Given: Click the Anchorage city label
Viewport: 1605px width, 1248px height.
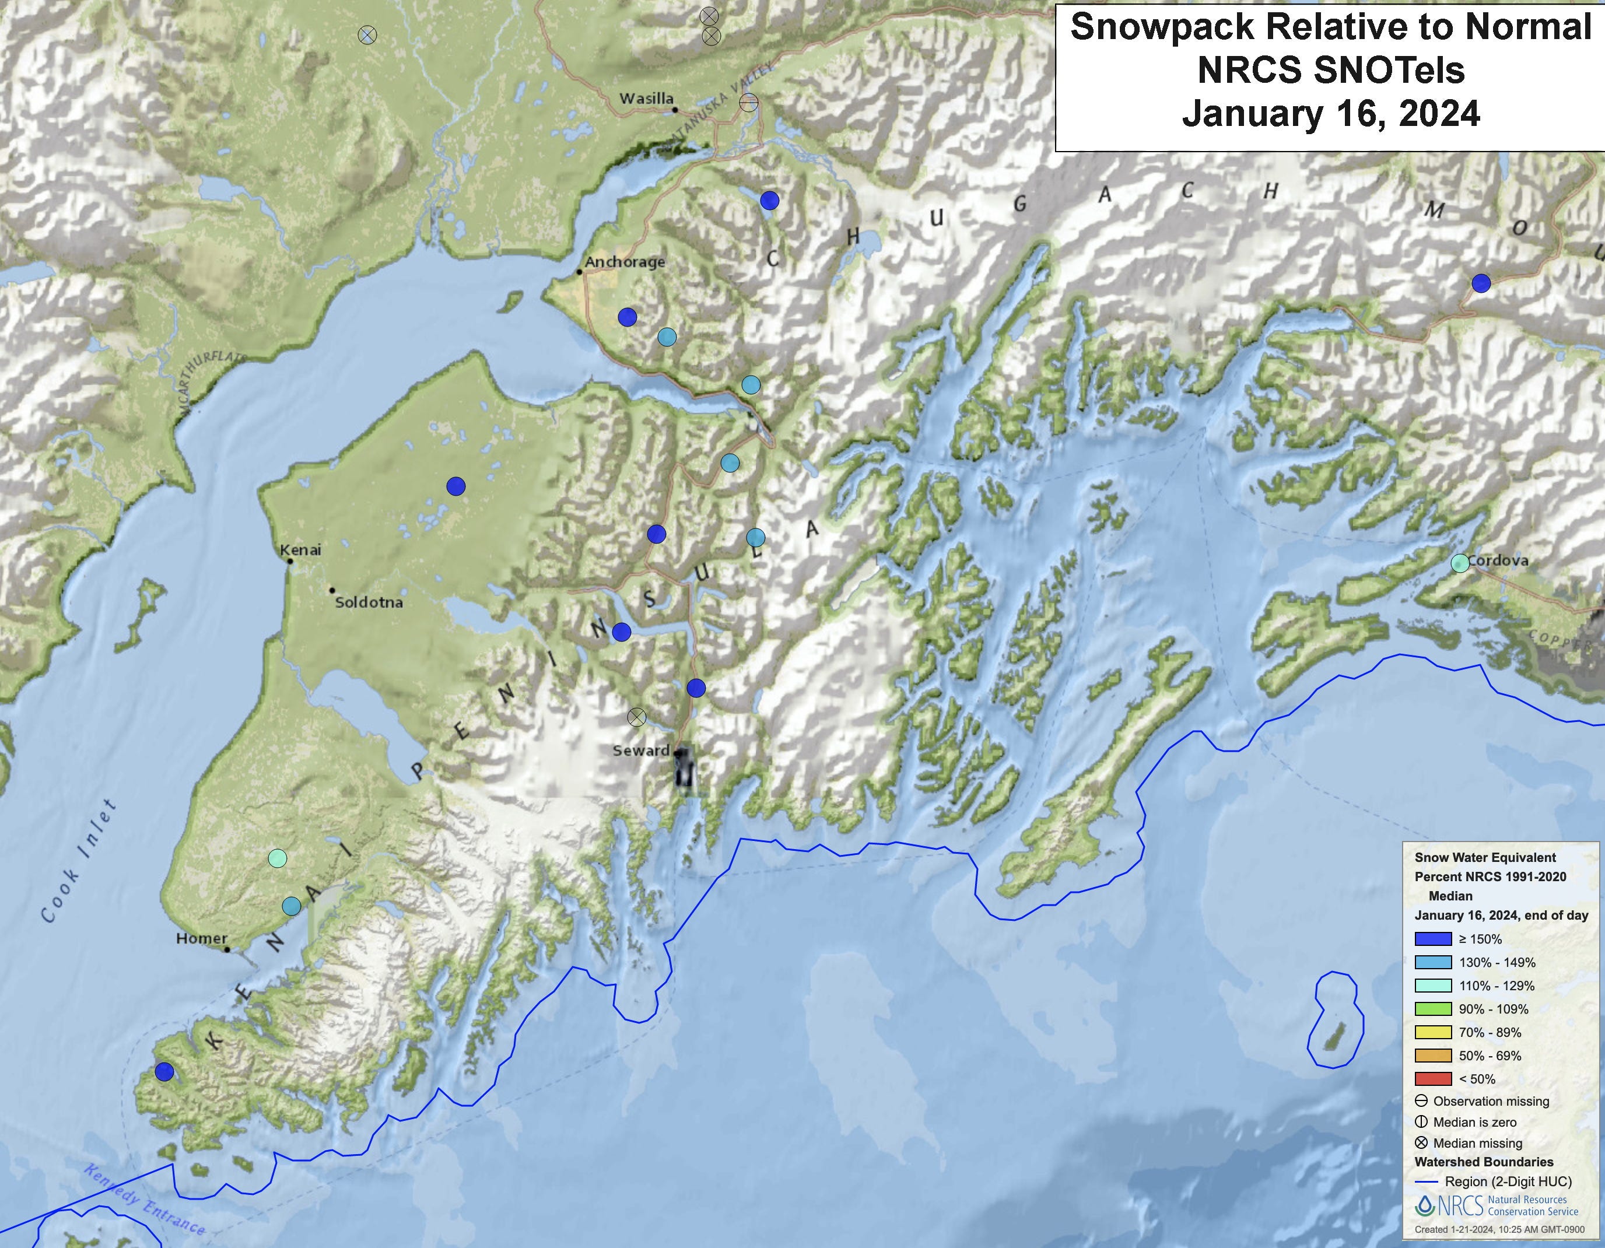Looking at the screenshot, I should pos(625,262).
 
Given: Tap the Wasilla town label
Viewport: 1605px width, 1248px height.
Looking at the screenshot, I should pos(646,99).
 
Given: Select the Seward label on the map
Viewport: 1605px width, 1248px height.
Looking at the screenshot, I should pos(641,751).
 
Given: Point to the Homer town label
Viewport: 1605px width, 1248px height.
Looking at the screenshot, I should pos(201,938).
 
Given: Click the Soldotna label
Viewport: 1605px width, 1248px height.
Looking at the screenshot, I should pos(369,602).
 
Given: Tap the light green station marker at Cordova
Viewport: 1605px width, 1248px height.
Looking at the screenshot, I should pos(1460,563).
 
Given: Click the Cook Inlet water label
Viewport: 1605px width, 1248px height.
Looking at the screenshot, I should pos(79,861).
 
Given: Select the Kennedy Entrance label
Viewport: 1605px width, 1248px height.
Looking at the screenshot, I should pos(143,1200).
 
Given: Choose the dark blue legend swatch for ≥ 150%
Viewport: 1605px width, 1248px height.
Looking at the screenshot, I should pos(1432,938).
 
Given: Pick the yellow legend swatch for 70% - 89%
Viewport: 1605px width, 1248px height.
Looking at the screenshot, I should pos(1432,1032).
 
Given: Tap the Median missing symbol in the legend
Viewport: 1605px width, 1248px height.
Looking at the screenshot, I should pos(1421,1143).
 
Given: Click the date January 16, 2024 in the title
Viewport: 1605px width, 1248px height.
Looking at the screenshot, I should pos(1330,114).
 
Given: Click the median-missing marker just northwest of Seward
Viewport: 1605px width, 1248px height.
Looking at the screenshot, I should pos(636,717).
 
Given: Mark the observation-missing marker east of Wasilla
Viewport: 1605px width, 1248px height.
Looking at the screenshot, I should pos(748,102).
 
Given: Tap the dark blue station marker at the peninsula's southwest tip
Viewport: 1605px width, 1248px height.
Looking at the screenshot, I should pos(164,1072).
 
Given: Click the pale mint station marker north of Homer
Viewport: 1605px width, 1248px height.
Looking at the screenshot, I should pos(277,858).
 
